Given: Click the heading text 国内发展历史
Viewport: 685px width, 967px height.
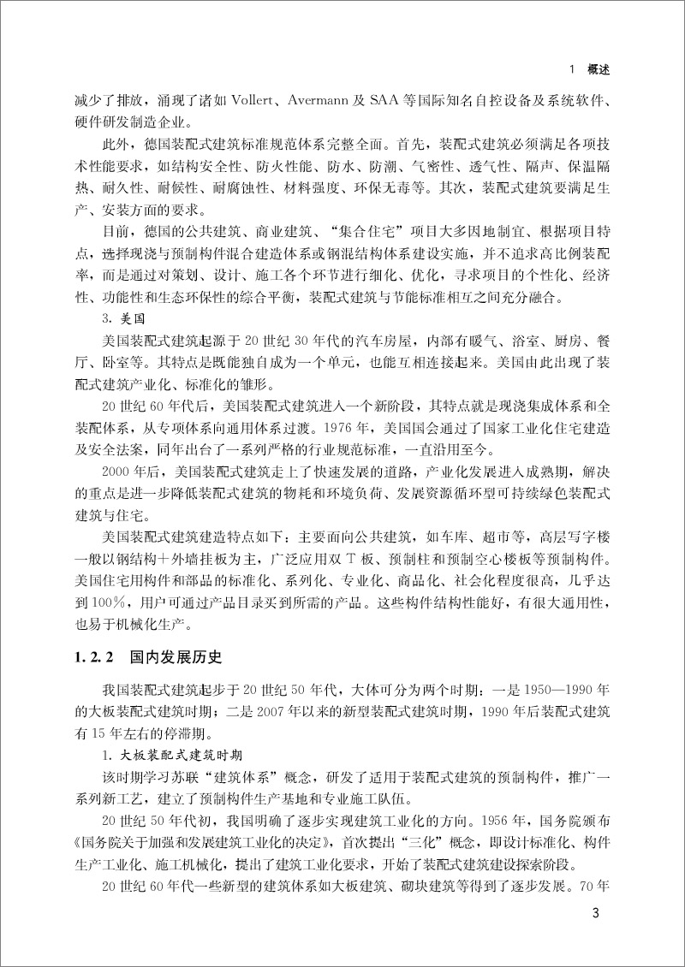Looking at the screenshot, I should click(x=176, y=658).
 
